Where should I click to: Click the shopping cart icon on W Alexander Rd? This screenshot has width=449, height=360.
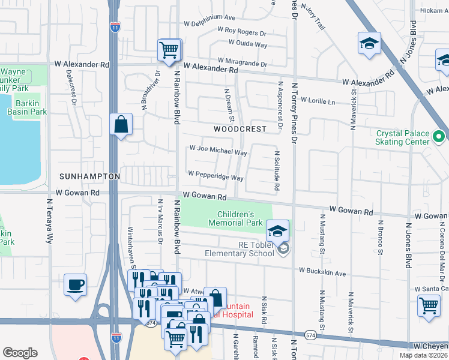click(169, 50)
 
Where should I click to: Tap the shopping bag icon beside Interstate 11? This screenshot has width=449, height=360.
click(121, 125)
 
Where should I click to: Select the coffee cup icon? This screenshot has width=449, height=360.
click(76, 284)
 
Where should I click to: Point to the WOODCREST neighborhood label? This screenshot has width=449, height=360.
click(240, 129)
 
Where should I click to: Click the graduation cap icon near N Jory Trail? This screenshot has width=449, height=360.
click(369, 43)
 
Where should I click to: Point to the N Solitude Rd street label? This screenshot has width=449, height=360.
click(277, 170)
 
